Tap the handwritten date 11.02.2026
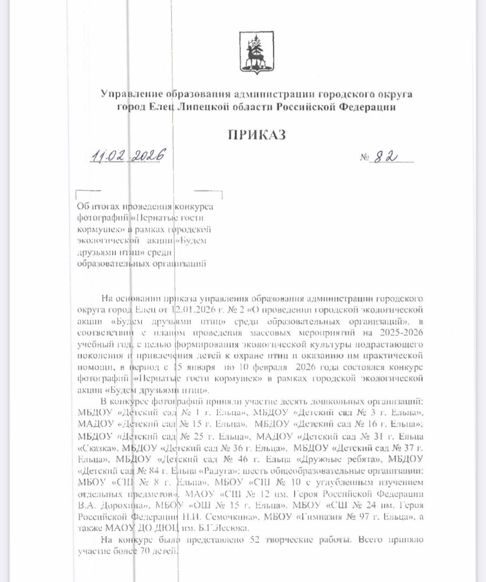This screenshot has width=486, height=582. point(128,157)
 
